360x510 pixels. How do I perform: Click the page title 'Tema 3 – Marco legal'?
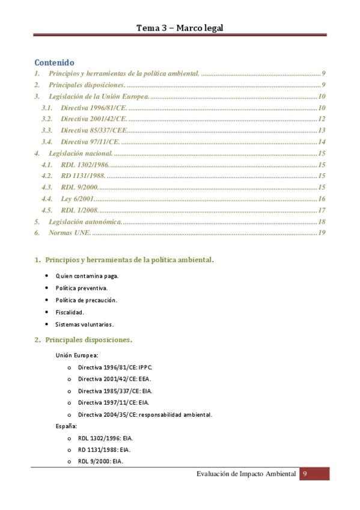(180, 28)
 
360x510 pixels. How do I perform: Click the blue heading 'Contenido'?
(54, 62)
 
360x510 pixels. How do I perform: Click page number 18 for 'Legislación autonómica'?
(322, 221)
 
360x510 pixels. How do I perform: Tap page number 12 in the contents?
(322, 119)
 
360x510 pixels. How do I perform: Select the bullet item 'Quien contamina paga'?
(87, 275)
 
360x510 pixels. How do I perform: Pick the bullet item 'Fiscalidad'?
(70, 312)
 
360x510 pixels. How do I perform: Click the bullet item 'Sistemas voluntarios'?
(84, 324)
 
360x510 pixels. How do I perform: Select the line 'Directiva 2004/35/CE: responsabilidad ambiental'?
(145, 415)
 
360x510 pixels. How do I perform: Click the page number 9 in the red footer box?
(305, 475)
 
